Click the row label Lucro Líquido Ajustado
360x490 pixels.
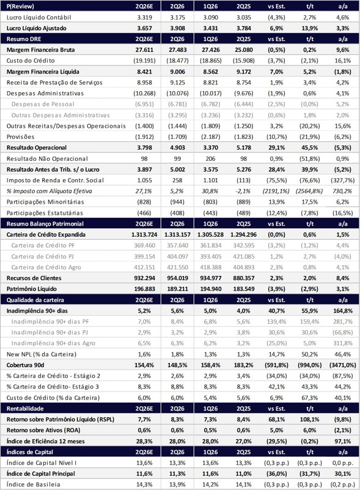pyautogui.click(x=37, y=28)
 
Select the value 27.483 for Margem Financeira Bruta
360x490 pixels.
pyautogui.click(x=177, y=50)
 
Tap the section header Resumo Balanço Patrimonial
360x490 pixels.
pyautogui.click(x=45, y=224)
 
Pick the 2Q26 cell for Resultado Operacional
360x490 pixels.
pyautogui.click(x=177, y=147)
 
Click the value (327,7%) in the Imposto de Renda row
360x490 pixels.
pyautogui.click(x=342, y=180)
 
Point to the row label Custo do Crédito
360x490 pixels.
pyautogui.click(x=31, y=61)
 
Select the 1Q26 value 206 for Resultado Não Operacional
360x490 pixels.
pyautogui.click(x=210, y=158)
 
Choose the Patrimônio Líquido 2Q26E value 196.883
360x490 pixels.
pyautogui.click(x=144, y=289)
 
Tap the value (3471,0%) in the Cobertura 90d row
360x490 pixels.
pyautogui.click(x=342, y=365)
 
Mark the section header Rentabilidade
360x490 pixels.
pyautogui.click(x=25, y=409)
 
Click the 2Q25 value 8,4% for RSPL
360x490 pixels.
pyautogui.click(x=243, y=420)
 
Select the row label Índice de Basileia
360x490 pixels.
pyautogui.click(x=34, y=484)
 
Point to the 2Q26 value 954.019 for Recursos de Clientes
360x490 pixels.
pyautogui.click(x=177, y=278)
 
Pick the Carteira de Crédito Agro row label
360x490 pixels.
pyautogui.click(x=46, y=267)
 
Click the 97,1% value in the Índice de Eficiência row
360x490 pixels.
pyautogui.click(x=342, y=441)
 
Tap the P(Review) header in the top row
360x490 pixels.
pyautogui.click(x=20, y=6)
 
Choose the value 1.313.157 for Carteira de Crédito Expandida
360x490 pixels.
pyautogui.click(x=177, y=235)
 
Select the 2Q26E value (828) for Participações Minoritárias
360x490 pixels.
pyautogui.click(x=144, y=202)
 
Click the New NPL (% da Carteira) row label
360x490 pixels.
pyautogui.click(x=42, y=354)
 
